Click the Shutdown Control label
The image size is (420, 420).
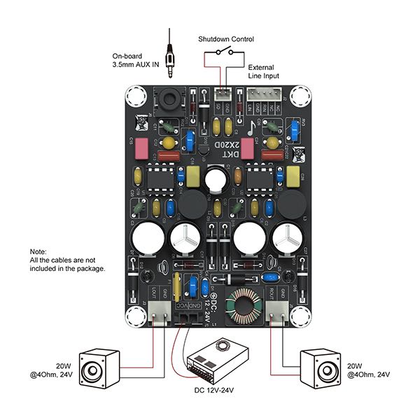click(x=226, y=39)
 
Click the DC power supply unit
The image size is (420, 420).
click(x=216, y=356)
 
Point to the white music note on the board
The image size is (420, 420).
click(x=251, y=126)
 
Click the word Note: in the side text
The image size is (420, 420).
click(x=38, y=251)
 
